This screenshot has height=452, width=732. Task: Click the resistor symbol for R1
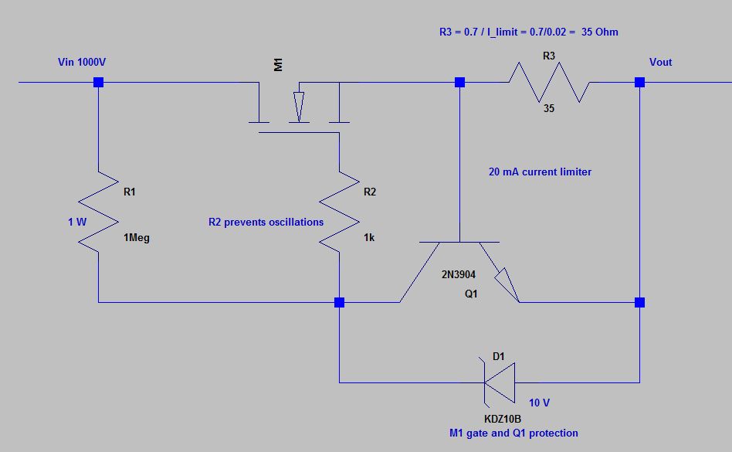click(99, 209)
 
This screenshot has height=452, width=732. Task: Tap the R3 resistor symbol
click(549, 82)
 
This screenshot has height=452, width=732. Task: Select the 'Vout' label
click(660, 62)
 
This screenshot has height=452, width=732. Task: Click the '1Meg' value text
click(137, 238)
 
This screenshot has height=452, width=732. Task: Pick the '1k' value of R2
click(369, 238)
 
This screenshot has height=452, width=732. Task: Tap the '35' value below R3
click(548, 109)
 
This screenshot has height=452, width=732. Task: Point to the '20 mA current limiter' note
click(540, 172)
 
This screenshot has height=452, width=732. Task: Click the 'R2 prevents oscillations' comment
click(266, 222)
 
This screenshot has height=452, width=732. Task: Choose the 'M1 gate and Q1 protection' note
click(513, 433)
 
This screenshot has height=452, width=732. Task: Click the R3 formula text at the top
click(528, 32)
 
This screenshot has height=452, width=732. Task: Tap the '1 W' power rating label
click(78, 222)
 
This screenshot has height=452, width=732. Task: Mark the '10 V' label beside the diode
click(540, 403)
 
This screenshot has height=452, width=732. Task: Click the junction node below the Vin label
click(99, 82)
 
